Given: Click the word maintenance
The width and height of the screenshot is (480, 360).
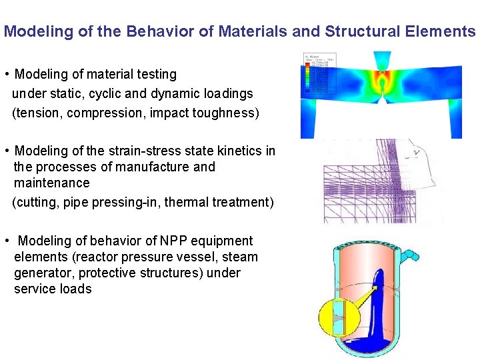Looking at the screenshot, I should tap(51, 183).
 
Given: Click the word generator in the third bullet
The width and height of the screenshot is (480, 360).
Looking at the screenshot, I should tap(40, 273).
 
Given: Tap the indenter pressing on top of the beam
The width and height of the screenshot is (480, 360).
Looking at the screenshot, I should tap(382, 61).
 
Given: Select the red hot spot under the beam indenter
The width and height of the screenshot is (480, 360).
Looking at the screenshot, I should tap(382, 85).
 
